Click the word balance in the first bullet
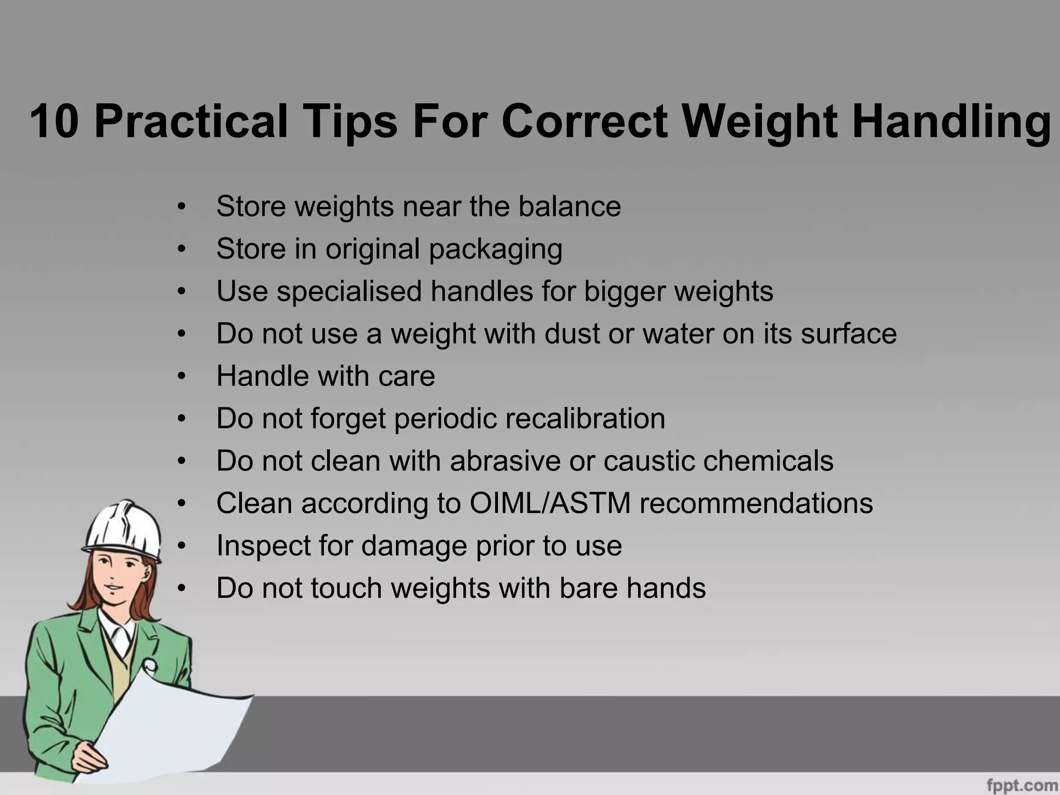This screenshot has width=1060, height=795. pyautogui.click(x=569, y=206)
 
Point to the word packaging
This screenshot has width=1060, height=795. pyautogui.click(x=495, y=249)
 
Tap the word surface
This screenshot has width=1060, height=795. pyautogui.click(x=848, y=333)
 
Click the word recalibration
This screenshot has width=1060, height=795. pyautogui.click(x=585, y=418)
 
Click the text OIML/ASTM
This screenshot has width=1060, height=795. pyautogui.click(x=550, y=503)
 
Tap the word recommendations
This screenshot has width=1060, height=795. pyautogui.click(x=756, y=503)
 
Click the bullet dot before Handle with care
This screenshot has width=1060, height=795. pyautogui.click(x=181, y=376)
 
